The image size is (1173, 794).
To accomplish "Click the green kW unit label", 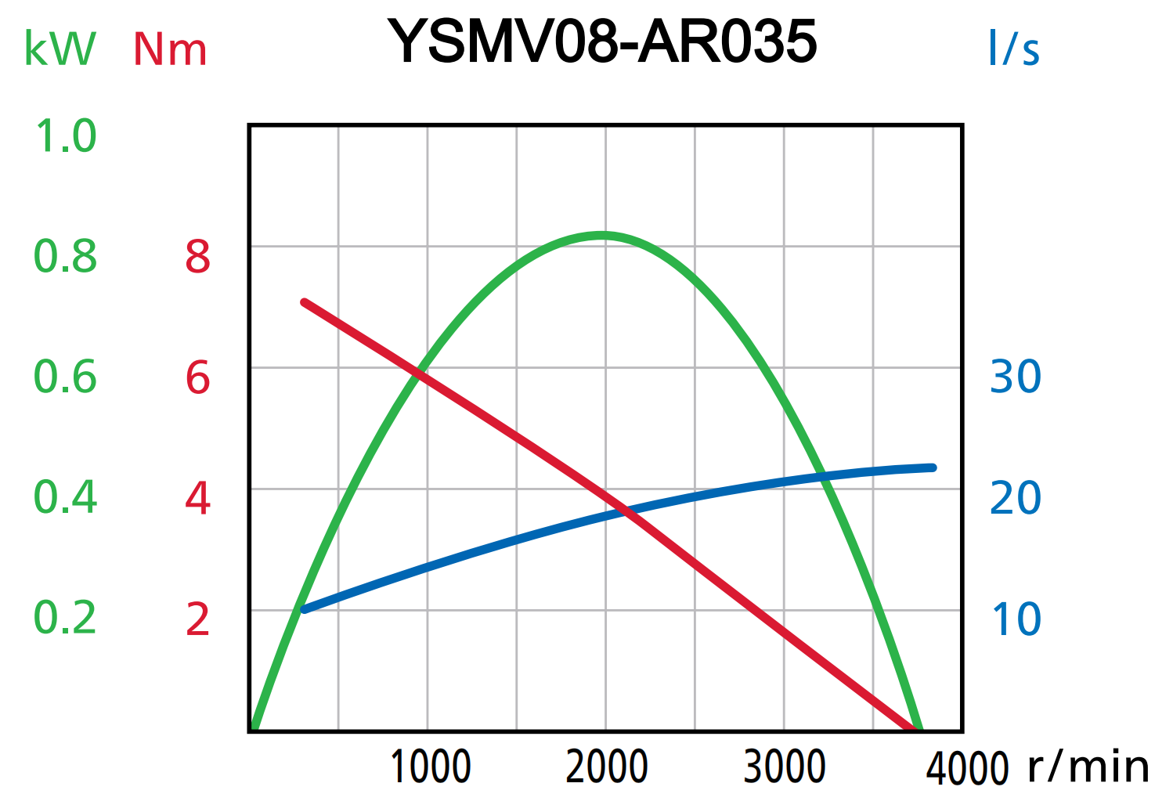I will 60,49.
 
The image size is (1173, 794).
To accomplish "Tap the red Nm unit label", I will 170,50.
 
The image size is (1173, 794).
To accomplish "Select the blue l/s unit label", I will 1013,49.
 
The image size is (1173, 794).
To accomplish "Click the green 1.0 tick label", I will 66,136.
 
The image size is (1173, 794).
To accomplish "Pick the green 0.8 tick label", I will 66,256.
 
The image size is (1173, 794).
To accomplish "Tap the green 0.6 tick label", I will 66,377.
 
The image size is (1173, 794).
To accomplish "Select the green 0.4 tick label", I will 66,497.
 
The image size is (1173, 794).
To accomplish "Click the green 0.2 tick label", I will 66,618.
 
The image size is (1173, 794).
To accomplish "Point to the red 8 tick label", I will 197,256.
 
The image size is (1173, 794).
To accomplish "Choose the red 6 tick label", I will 197,377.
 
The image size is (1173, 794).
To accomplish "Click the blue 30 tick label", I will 1016,377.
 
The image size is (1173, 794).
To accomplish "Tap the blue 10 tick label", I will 1016,619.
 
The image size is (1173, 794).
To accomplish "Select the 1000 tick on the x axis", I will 430,767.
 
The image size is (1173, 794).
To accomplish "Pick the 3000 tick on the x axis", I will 785,767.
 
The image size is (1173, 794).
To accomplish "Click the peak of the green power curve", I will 601,235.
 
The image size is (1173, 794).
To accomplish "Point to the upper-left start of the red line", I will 305,302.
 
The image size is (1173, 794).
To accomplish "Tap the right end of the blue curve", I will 933,467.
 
